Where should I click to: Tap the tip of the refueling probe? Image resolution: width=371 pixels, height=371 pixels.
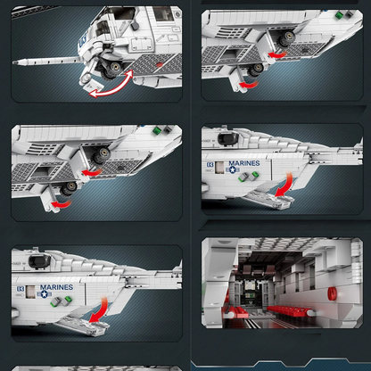click(13, 62)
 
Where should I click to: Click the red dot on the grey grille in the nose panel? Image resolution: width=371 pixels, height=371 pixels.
click(160, 64)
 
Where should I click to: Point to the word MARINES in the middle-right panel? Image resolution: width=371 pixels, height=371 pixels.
click(244, 163)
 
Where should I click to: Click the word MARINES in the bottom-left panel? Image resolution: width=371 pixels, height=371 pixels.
click(56, 287)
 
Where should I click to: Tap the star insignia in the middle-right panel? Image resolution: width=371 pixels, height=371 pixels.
click(233, 169)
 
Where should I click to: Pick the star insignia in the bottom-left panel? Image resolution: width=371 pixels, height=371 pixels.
click(45, 294)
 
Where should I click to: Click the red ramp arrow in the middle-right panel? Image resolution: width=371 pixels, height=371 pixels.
click(286, 185)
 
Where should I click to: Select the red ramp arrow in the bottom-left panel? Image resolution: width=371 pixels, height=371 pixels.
click(100, 310)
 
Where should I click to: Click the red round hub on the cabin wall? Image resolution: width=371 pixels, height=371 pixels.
click(332, 293)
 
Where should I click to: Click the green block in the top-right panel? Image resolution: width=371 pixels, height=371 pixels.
click(339, 15)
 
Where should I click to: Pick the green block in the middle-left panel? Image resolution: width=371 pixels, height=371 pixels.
click(156, 130)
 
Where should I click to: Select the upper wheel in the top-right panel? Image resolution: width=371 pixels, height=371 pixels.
click(286, 38)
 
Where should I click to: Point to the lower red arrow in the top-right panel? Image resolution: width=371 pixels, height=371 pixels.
click(248, 85)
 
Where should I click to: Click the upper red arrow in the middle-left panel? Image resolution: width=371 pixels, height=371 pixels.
click(91, 172)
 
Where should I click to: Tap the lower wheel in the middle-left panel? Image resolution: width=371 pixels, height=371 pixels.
click(69, 188)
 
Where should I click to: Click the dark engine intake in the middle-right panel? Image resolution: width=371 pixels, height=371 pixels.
click(227, 138)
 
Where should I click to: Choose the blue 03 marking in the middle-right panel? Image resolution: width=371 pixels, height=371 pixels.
click(210, 164)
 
